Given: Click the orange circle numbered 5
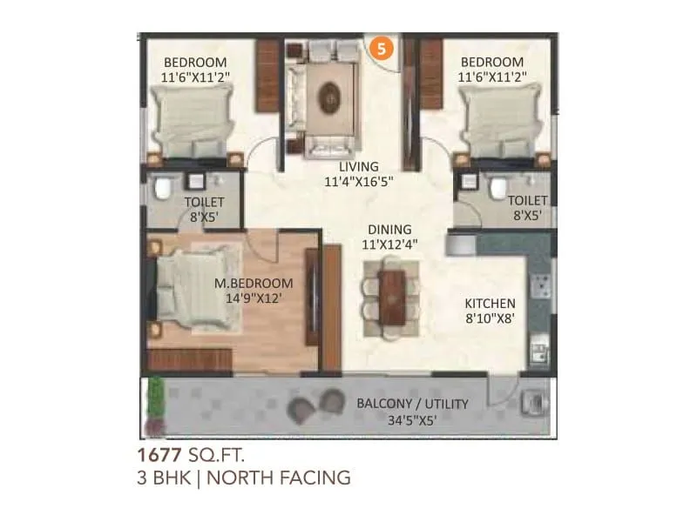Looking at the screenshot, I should (380, 48).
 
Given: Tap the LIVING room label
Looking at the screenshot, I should (359, 166).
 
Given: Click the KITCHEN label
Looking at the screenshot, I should (491, 304).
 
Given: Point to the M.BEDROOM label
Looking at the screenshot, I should (254, 284).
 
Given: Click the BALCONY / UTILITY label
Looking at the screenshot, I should (412, 404).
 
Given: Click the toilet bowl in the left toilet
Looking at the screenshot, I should (161, 189).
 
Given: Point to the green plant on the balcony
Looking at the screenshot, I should (156, 399).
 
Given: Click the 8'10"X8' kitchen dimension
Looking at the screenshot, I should (491, 319).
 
